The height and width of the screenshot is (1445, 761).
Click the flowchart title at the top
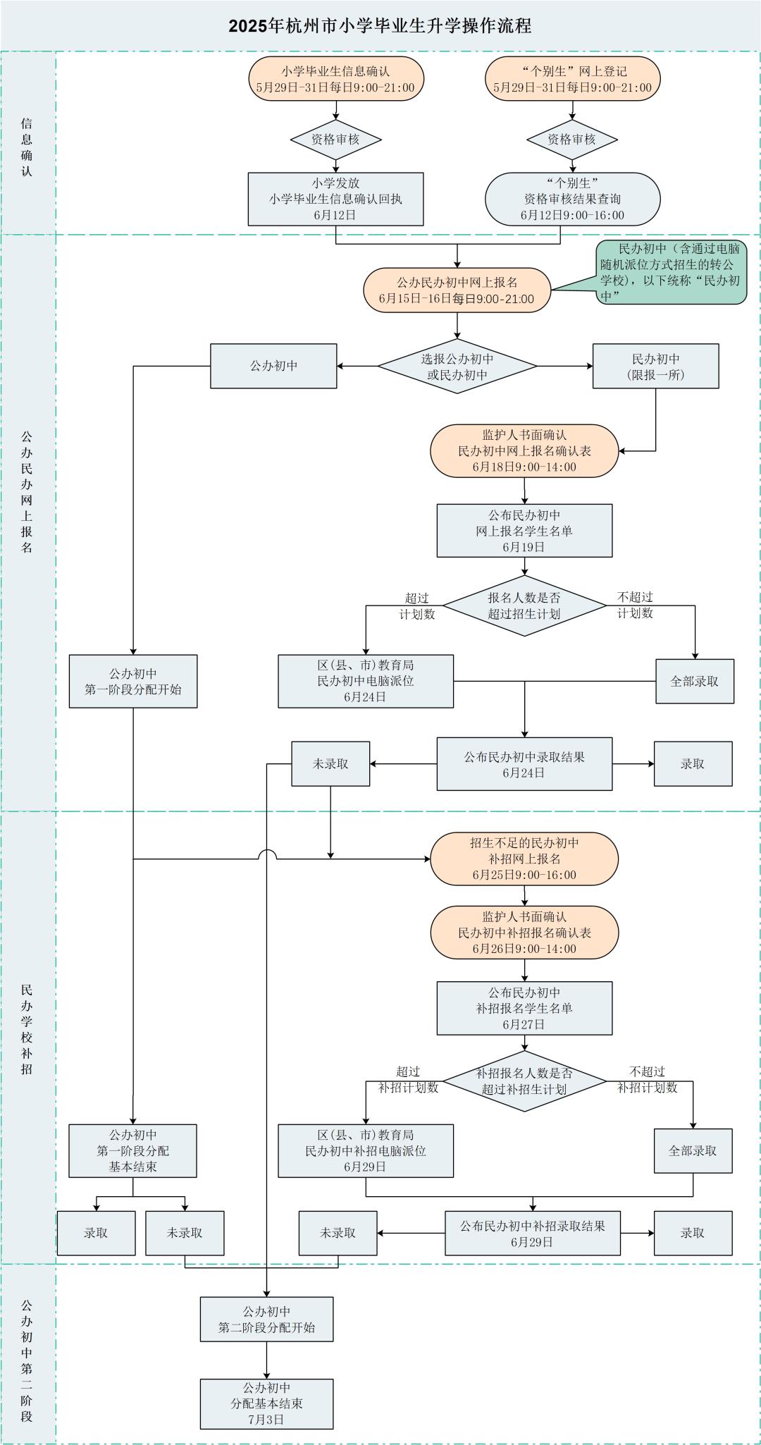pyautogui.click(x=380, y=26)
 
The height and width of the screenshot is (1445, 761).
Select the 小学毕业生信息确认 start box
pyautogui.click(x=335, y=80)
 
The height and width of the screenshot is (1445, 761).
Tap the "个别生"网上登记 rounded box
pyautogui.click(x=572, y=80)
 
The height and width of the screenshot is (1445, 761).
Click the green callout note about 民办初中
pyautogui.click(x=670, y=272)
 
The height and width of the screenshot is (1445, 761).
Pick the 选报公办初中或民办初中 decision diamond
pyautogui.click(x=457, y=367)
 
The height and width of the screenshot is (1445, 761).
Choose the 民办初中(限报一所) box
pyautogui.click(x=655, y=367)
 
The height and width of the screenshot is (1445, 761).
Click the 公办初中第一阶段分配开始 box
pyautogui.click(x=132, y=682)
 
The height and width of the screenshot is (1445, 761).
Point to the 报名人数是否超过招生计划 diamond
pyautogui.click(x=524, y=605)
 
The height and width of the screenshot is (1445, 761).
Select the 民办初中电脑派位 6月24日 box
pyautogui.click(x=365, y=682)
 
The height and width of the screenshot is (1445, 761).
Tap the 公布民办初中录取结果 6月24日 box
pyautogui.click(x=524, y=764)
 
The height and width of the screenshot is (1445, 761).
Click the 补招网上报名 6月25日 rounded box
pyautogui.click(x=524, y=859)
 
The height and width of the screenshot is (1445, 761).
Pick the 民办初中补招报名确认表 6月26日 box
pyautogui.click(x=524, y=933)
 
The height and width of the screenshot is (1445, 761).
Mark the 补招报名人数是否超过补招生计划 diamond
pyautogui.click(x=524, y=1081)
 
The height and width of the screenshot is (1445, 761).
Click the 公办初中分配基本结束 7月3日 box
pyautogui.click(x=266, y=1403)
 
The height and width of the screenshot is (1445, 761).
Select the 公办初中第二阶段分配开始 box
pyautogui.click(x=266, y=1320)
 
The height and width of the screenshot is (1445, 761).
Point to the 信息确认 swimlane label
pyautogui.click(x=27, y=147)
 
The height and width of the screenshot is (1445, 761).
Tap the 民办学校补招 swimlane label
pyautogui.click(x=27, y=1029)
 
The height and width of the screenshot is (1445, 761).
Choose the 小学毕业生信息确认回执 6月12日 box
pyautogui.click(x=335, y=199)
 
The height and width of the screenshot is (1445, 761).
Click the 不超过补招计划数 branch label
pyautogui.click(x=647, y=1080)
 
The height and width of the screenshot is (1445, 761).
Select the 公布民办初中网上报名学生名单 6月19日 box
pyautogui.click(x=524, y=531)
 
